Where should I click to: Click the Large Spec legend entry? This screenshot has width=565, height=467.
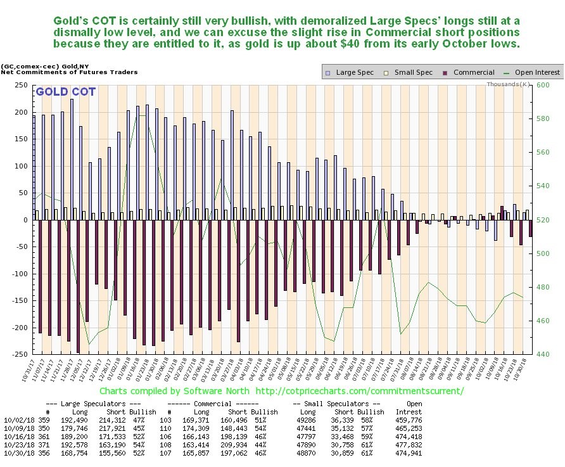(346, 72)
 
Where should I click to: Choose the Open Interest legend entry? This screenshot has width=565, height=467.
(535, 72)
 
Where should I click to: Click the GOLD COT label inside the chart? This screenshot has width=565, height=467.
(66, 92)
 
